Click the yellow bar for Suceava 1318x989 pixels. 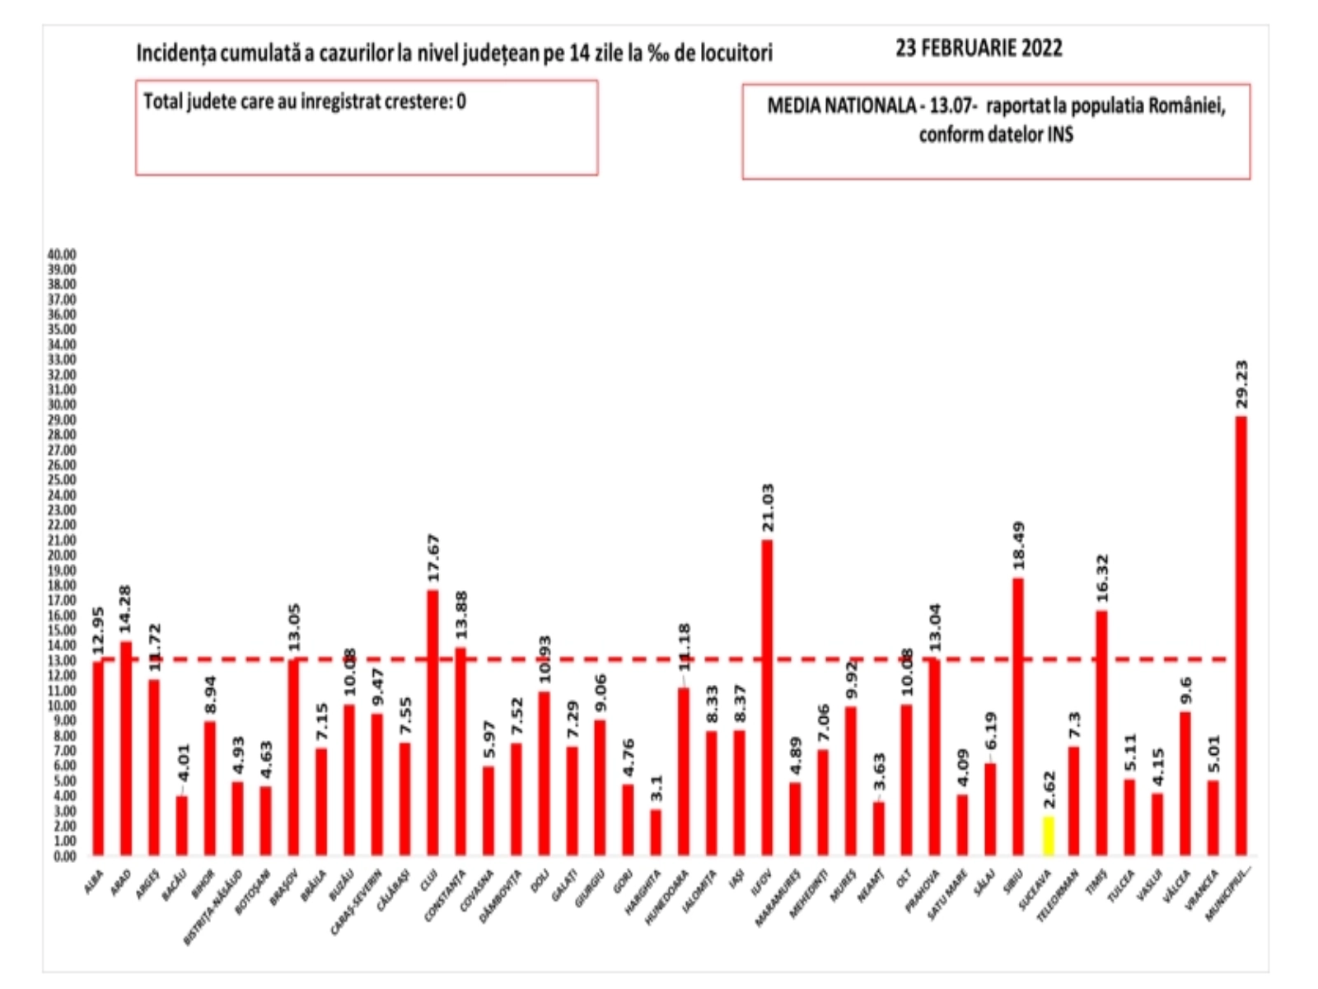(1048, 835)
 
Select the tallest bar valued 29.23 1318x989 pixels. (1241, 635)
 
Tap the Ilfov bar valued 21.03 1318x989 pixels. (767, 697)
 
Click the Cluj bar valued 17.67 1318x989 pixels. (432, 722)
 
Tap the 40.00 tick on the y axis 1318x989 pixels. (63, 255)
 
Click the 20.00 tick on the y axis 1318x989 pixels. (63, 555)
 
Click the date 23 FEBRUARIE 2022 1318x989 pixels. (979, 49)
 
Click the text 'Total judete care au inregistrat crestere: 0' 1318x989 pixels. (305, 101)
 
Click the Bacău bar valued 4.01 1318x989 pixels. (182, 825)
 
